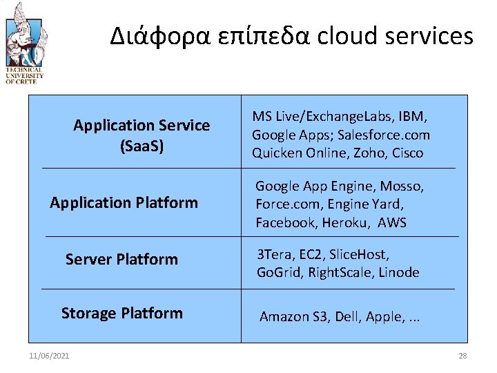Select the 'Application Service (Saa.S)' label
pos(142,135)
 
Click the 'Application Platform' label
pos(124,202)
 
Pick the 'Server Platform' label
pos(121,259)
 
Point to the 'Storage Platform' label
pos(122,313)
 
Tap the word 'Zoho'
pos(371,153)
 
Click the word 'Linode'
pos(399,272)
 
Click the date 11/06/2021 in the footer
pos(49,356)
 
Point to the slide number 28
pos(462,356)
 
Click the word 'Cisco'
pos(407,153)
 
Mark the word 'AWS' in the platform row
pos(392,222)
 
